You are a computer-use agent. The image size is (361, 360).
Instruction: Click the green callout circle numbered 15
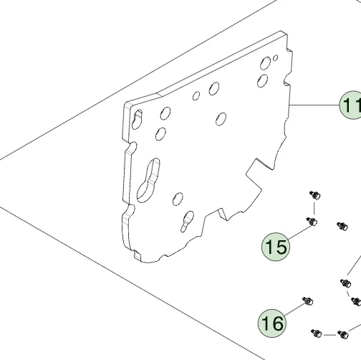click(x=276, y=247)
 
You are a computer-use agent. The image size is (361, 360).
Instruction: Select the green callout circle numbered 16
click(x=272, y=323)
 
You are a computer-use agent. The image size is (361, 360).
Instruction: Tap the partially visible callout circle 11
click(x=351, y=105)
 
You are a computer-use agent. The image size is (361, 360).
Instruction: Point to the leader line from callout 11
click(x=314, y=105)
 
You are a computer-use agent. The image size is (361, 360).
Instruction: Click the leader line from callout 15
click(x=300, y=232)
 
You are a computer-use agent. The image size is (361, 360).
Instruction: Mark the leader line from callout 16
click(x=295, y=309)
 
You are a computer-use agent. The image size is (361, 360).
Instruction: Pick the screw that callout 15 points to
click(x=312, y=221)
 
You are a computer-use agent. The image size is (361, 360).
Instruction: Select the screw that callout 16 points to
click(x=308, y=300)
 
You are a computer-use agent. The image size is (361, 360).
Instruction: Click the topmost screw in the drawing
click(x=315, y=195)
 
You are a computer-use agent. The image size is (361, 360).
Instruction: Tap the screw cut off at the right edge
click(x=357, y=301)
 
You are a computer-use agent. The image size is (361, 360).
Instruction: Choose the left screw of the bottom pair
click(x=317, y=333)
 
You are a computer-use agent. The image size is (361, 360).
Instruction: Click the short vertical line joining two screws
click(x=314, y=208)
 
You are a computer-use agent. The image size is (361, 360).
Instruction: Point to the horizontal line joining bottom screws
click(x=329, y=335)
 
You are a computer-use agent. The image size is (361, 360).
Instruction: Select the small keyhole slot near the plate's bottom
click(x=187, y=222)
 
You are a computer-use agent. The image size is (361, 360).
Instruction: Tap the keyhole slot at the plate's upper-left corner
click(x=137, y=120)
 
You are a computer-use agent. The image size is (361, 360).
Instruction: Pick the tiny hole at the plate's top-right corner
click(x=275, y=58)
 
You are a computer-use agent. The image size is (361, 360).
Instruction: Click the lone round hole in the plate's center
click(x=221, y=119)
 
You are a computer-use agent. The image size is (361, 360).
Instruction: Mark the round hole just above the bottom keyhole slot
click(x=178, y=199)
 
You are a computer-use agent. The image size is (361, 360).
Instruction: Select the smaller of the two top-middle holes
click(x=196, y=95)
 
